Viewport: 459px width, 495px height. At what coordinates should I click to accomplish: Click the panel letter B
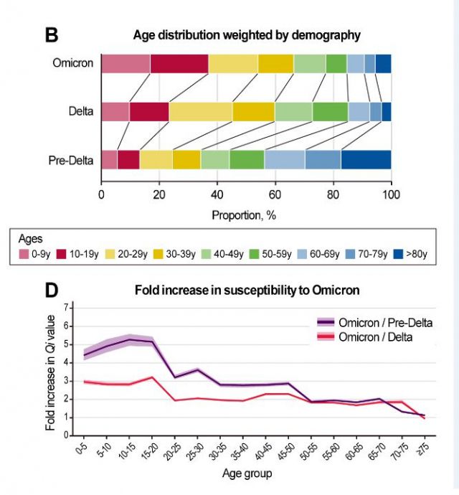tap(52, 34)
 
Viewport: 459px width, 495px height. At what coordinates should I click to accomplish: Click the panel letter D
tap(52, 291)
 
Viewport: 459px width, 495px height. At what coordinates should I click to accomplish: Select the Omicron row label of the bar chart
tap(73, 63)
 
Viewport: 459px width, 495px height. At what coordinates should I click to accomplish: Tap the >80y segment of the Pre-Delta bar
tap(366, 159)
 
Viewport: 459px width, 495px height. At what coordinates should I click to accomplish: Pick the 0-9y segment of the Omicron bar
tap(126, 63)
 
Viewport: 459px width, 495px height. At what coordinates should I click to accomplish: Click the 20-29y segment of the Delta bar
tap(200, 112)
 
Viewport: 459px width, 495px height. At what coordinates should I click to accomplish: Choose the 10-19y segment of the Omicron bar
tap(179, 63)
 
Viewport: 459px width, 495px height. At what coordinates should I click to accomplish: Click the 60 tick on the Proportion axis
tap(275, 194)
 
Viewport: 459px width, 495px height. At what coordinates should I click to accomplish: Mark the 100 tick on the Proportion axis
tap(391, 194)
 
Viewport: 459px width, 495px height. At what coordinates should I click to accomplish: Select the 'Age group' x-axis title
tap(246, 473)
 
